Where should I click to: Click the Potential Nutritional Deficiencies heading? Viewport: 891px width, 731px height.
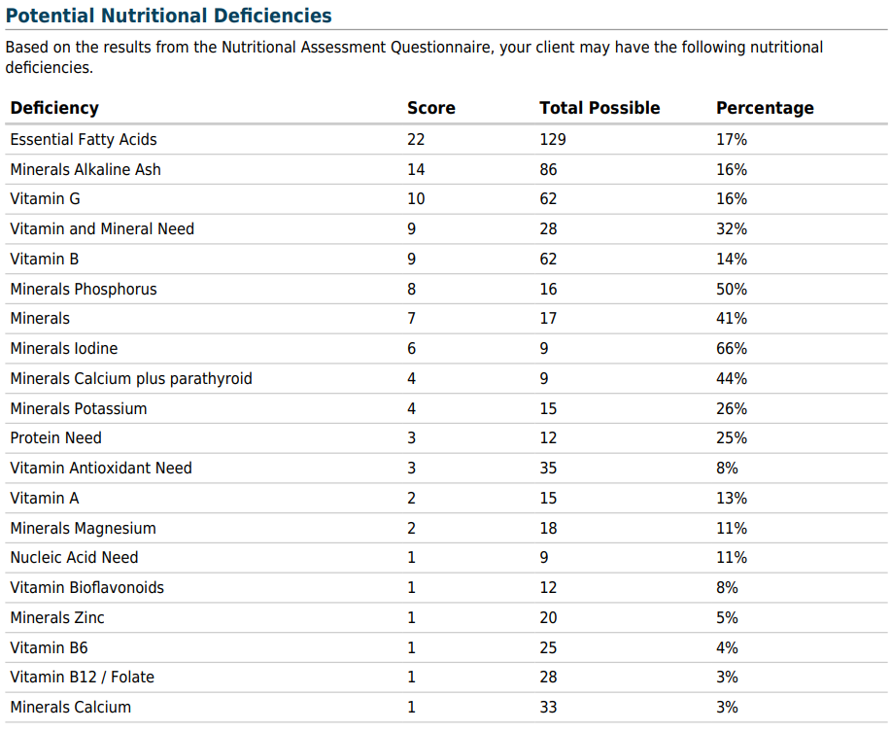click(169, 16)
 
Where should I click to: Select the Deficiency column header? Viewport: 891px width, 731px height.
click(54, 108)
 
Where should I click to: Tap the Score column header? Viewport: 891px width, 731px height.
click(431, 108)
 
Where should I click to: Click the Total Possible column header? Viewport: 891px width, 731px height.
click(600, 108)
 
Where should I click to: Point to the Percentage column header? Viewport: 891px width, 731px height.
click(765, 108)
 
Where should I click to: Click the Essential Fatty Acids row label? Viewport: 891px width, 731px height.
click(84, 139)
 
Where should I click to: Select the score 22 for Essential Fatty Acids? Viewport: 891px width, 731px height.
click(416, 139)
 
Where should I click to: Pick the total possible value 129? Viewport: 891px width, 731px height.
click(553, 139)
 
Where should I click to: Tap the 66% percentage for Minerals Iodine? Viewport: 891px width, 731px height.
click(732, 348)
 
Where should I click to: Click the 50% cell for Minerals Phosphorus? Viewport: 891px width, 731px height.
click(732, 289)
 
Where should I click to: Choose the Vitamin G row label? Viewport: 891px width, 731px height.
click(45, 199)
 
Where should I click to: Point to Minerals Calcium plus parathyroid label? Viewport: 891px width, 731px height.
click(131, 378)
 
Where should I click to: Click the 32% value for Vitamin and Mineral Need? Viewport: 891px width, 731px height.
click(732, 229)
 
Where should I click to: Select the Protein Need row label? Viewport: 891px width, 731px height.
click(55, 437)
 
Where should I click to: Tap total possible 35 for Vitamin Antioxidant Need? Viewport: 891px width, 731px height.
click(548, 468)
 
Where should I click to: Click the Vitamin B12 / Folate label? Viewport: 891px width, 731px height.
click(83, 677)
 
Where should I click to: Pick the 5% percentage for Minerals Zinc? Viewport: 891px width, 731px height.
click(727, 617)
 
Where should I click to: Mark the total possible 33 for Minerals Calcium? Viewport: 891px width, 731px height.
click(548, 707)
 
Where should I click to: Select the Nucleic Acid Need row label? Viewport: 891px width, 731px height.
click(74, 558)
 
